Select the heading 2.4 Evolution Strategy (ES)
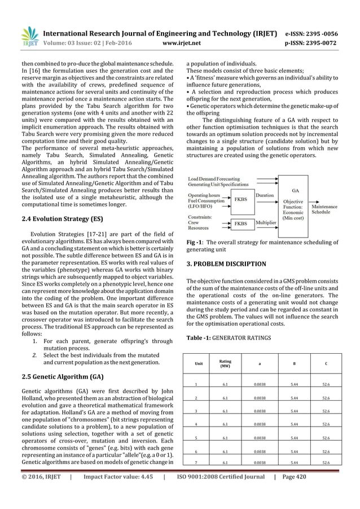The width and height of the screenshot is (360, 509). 61,218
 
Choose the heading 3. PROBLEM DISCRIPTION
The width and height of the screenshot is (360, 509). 226,264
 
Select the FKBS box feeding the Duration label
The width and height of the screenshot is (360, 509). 240,199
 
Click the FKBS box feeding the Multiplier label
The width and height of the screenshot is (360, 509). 240,223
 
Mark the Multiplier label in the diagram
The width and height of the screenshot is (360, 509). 266,223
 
